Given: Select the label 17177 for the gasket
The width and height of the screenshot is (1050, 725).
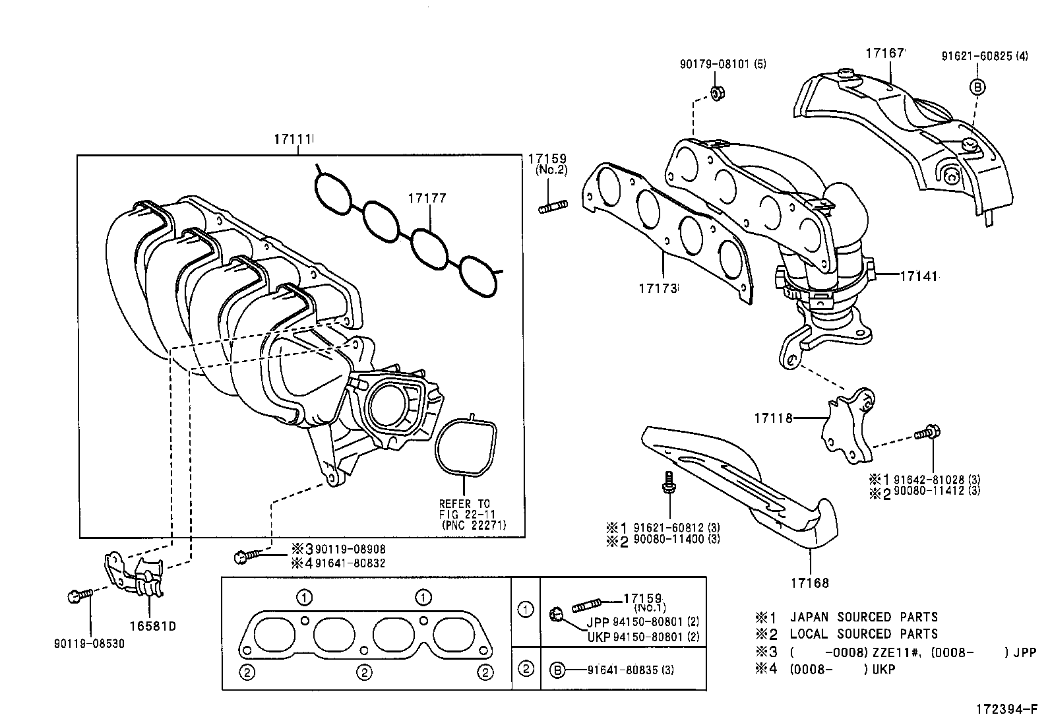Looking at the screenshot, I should [x=427, y=198].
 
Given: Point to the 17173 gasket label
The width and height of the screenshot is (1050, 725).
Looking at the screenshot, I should [x=658, y=288].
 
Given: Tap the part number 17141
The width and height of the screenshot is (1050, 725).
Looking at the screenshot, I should [x=917, y=276].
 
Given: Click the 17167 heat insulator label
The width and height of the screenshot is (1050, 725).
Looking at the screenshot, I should [x=886, y=53].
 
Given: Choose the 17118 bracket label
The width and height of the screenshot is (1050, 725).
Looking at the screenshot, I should [x=772, y=418].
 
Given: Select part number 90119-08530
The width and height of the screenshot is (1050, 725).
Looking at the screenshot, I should [x=89, y=643].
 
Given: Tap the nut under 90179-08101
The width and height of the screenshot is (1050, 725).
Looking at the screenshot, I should [x=718, y=93].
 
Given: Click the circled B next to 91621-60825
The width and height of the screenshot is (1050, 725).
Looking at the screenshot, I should [x=977, y=87].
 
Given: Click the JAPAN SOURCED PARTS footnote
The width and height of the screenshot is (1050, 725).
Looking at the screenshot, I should [x=886, y=617].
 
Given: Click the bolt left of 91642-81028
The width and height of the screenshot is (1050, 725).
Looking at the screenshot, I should [x=926, y=433].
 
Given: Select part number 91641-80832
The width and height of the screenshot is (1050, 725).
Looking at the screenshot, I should [x=350, y=563].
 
